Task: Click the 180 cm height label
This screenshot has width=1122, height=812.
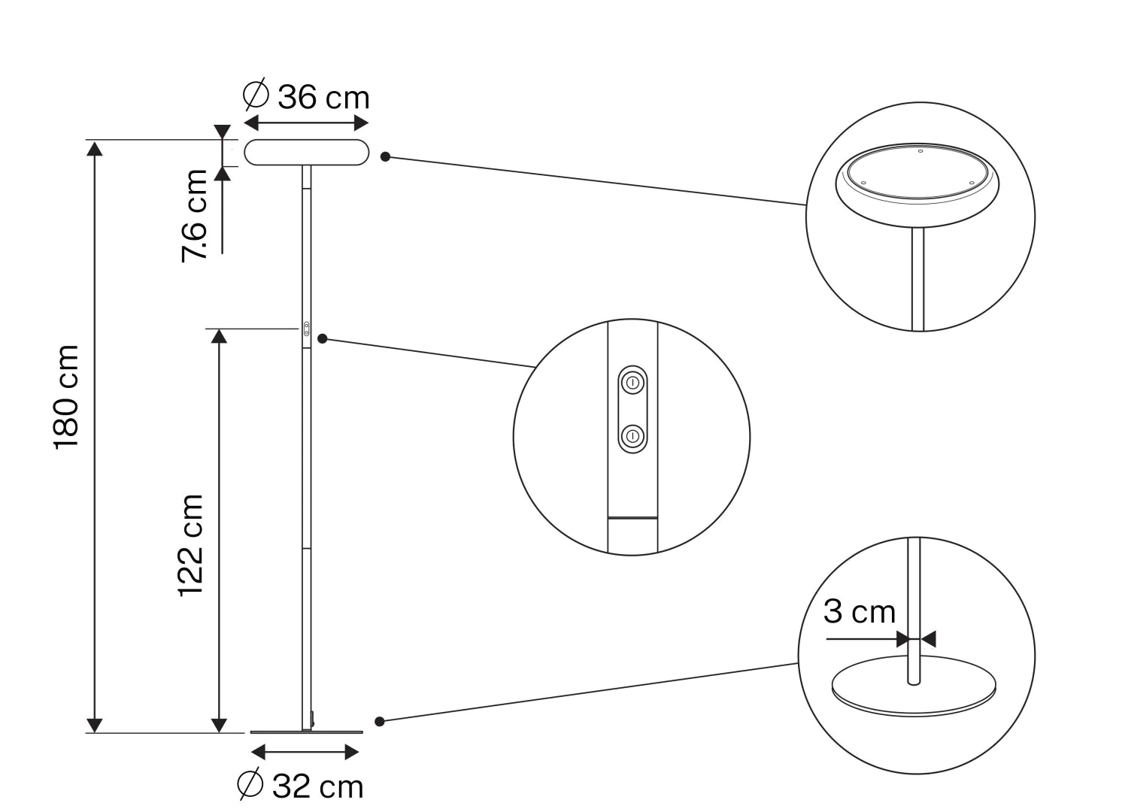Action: click(67, 397)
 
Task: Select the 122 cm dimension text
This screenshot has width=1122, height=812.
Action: click(191, 546)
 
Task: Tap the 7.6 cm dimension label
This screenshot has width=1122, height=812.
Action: click(194, 216)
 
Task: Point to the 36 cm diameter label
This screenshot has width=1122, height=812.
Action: click(323, 97)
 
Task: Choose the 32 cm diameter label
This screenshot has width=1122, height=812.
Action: click(317, 786)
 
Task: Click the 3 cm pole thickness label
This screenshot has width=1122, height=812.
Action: click(860, 611)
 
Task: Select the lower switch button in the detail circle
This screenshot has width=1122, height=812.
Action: click(632, 435)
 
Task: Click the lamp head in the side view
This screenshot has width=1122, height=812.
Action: click(307, 153)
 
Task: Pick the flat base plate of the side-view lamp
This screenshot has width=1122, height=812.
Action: click(307, 732)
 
